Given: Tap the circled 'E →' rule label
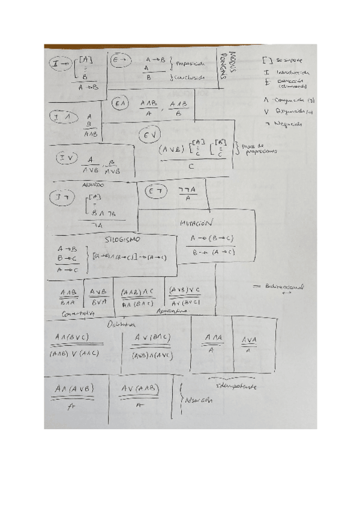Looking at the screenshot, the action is (x=119, y=60).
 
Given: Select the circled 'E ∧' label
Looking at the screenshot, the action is (x=122, y=104).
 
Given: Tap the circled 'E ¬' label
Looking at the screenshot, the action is (x=156, y=191).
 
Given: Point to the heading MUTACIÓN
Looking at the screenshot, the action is (x=197, y=223).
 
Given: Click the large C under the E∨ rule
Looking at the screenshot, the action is (x=190, y=167).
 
